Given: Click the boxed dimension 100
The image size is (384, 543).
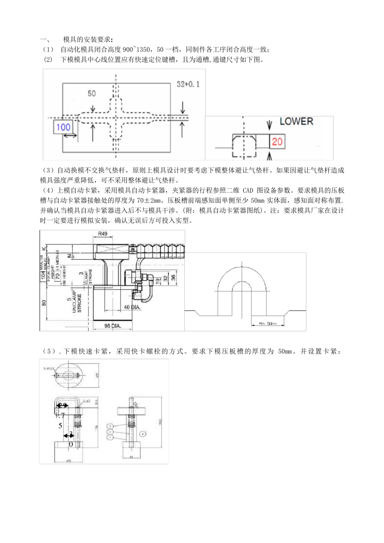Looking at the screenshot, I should [63, 127].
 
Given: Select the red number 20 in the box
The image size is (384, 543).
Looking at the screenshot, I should [277, 141].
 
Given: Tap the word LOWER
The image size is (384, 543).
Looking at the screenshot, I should [296, 121].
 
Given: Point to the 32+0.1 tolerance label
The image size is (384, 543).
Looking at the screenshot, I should [188, 84].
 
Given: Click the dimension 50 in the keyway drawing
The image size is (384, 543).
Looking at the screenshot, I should [92, 93].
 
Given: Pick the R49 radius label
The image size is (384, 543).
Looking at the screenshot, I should [103, 234].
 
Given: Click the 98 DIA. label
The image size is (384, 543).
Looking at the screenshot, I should [113, 326].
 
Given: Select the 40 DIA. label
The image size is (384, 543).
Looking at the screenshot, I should [132, 307].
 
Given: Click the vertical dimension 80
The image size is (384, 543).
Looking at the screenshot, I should [44, 302].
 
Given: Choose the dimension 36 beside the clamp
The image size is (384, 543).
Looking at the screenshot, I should [173, 278].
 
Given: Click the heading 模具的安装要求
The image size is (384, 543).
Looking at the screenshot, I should [88, 40].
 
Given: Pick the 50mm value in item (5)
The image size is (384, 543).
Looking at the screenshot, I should [285, 351].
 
